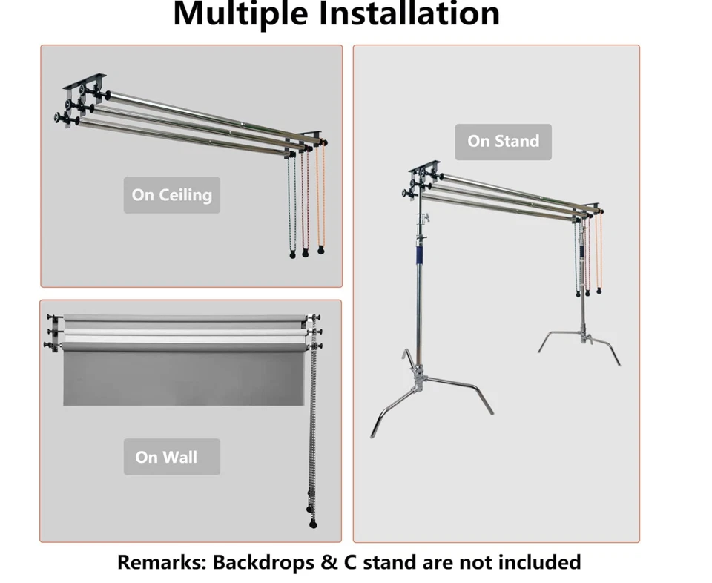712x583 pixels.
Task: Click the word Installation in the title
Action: pyautogui.click(x=404, y=13)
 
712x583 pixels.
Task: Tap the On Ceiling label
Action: pyautogui.click(x=171, y=195)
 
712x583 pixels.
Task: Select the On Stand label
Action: pyautogui.click(x=503, y=141)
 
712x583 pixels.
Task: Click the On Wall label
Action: pyautogui.click(x=171, y=457)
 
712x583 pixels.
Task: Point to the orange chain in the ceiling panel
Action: pyautogui.click(x=321, y=197)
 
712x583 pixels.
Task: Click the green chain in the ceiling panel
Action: pyautogui.click(x=292, y=204)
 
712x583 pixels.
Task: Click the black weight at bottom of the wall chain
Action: pyautogui.click(x=312, y=524)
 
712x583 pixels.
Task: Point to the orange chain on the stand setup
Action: pyautogui.click(x=600, y=252)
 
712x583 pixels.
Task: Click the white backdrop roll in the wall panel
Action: pyautogui.click(x=182, y=332)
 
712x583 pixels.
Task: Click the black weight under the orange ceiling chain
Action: pyautogui.click(x=320, y=250)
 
